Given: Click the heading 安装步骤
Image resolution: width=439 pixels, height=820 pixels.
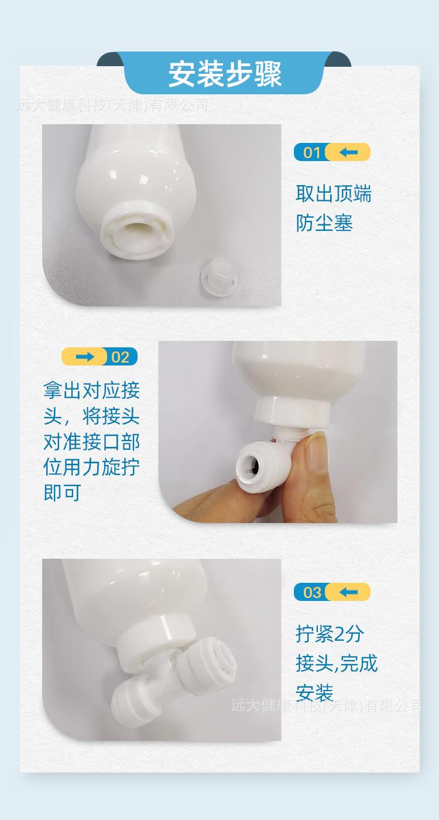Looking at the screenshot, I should coord(225,73).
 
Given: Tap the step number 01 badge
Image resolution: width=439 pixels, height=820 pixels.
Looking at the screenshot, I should coord(311,152).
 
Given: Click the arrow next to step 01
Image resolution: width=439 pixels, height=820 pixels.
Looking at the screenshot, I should coord(349,152).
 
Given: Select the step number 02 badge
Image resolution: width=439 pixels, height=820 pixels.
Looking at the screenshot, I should coord(121,357).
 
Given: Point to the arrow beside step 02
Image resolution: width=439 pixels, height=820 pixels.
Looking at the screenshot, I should coord(84,357).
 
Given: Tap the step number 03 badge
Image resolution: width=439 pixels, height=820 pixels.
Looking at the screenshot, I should coord(311,592).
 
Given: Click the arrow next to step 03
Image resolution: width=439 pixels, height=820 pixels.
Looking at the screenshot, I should coord(349,592).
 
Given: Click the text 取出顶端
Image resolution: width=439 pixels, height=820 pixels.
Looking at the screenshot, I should coord(334,194).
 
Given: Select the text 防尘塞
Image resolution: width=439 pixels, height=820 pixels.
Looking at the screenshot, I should coord(324,223).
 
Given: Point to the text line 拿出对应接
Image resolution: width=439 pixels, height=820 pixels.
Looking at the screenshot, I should coord(92,391).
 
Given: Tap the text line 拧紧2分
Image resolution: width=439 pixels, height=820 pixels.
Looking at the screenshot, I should coord(330,634).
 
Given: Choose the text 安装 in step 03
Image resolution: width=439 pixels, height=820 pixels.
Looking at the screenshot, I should coord(314,693).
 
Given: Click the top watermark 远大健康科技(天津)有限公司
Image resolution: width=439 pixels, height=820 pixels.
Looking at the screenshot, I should coord(112,105).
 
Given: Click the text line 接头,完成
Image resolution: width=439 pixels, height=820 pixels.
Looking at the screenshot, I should coord(337,664).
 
